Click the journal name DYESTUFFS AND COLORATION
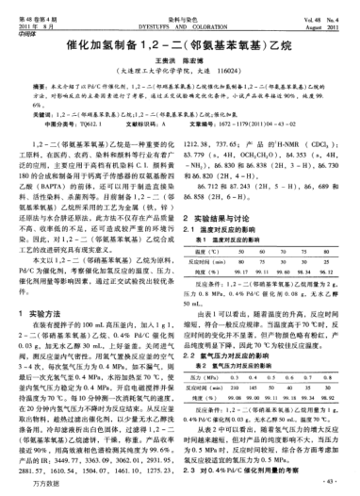180,15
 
